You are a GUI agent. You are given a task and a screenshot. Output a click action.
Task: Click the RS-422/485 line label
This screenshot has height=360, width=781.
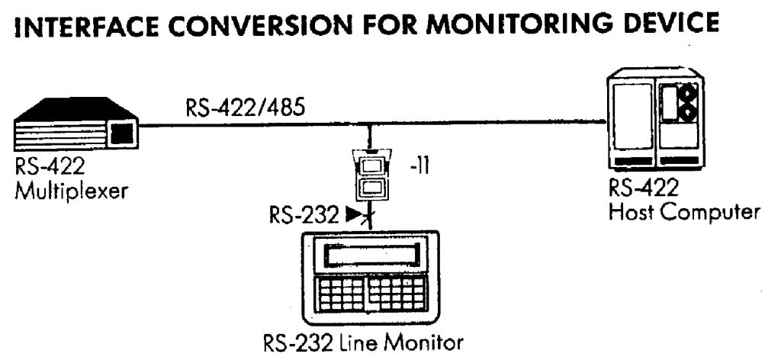coord(245,110)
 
